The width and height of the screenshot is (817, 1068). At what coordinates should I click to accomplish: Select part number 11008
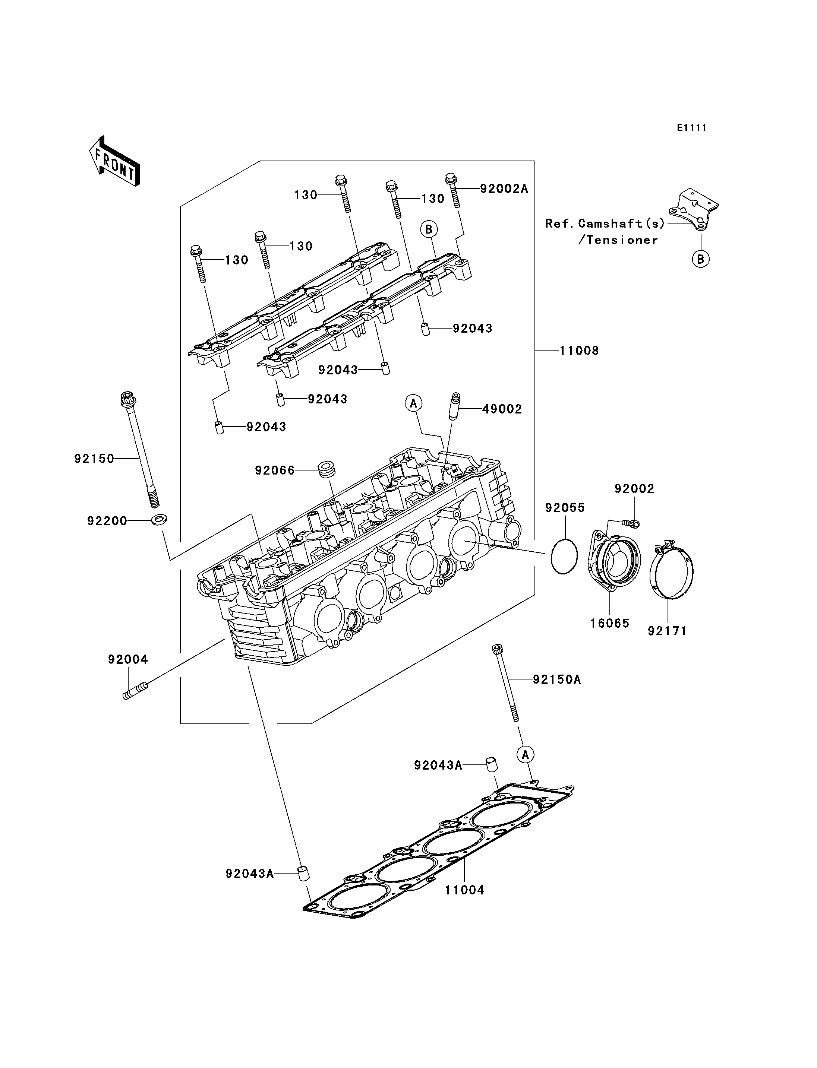579,351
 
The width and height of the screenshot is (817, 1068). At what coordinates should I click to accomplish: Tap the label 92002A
504,188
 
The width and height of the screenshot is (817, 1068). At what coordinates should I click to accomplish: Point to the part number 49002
502,409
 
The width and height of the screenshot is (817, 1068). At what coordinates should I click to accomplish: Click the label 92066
275,470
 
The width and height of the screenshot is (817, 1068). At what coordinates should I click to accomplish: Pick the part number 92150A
557,679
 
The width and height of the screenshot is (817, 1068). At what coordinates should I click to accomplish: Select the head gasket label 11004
465,890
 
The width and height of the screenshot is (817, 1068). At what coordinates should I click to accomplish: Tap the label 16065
610,623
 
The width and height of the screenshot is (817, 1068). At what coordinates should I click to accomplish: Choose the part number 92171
667,631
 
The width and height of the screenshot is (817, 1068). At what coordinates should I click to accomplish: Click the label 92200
107,521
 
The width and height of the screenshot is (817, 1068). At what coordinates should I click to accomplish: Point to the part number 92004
128,659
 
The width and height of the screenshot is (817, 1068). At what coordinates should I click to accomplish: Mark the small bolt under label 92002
630,523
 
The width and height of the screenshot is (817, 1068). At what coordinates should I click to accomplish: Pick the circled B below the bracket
701,259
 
